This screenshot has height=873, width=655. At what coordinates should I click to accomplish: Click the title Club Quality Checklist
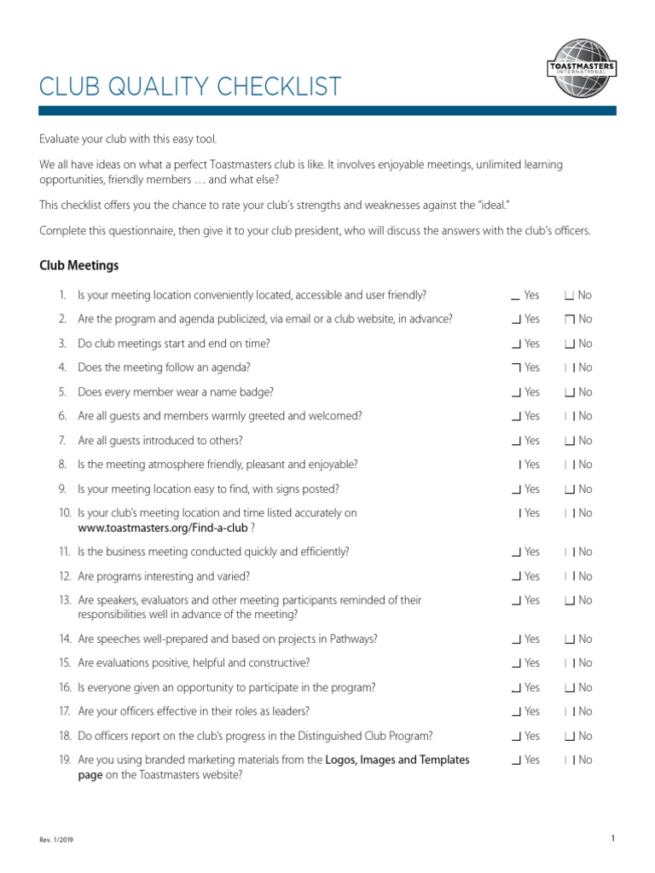(190, 87)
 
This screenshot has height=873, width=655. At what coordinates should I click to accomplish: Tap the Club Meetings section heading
(79, 266)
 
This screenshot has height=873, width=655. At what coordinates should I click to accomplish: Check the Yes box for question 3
(516, 344)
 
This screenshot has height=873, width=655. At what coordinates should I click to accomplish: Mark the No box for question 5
(569, 393)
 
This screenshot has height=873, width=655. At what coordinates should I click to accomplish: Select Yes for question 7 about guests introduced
(516, 442)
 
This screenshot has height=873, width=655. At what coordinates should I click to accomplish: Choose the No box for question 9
(569, 490)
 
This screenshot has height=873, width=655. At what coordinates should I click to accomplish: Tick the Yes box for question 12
(516, 577)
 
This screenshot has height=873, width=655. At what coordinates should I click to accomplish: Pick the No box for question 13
(569, 601)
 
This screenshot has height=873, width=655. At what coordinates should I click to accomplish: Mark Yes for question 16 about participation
(516, 688)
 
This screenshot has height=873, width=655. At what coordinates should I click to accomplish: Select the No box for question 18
(569, 737)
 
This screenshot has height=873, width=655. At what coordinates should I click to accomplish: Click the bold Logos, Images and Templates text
(397, 760)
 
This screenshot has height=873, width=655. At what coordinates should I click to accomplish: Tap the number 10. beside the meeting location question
(66, 513)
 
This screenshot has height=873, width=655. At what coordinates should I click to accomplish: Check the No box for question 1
(569, 296)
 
